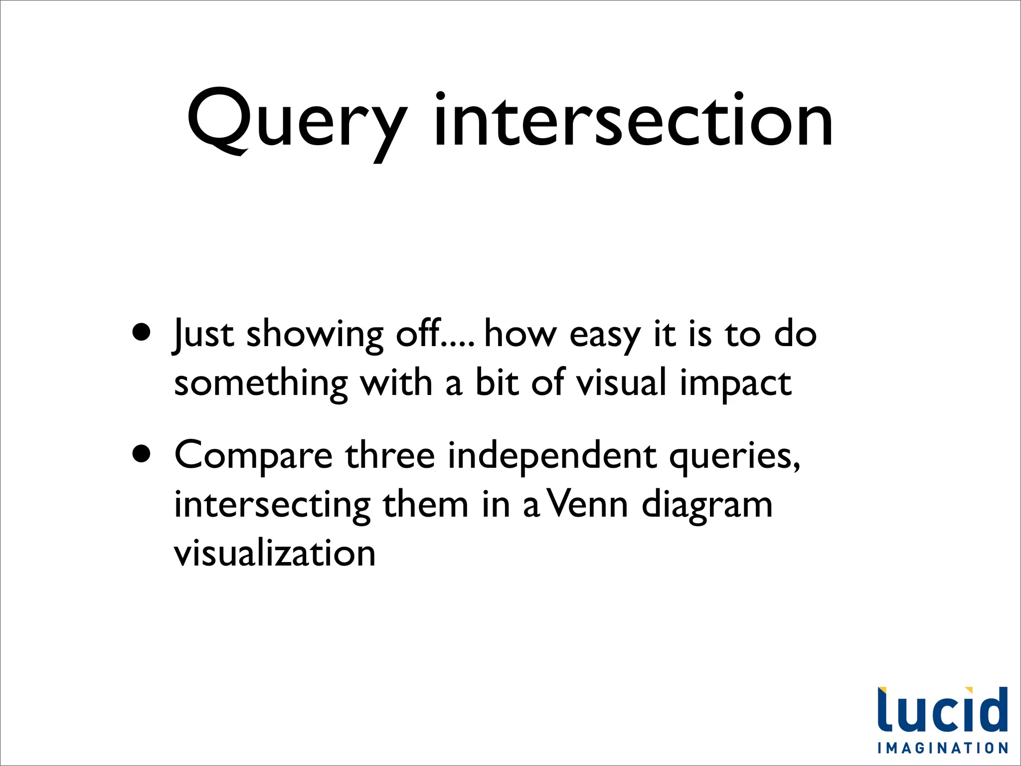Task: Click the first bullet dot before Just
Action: pos(142,332)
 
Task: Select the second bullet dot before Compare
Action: pos(142,454)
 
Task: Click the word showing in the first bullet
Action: pos(315,335)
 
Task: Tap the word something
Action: pos(261,383)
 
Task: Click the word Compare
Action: pos(253,456)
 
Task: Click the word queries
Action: pos(734,457)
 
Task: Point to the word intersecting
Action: pos(272,505)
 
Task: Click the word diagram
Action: pos(707,505)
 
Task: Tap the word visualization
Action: pos(275,553)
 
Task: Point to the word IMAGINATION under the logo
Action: pos(943,748)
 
